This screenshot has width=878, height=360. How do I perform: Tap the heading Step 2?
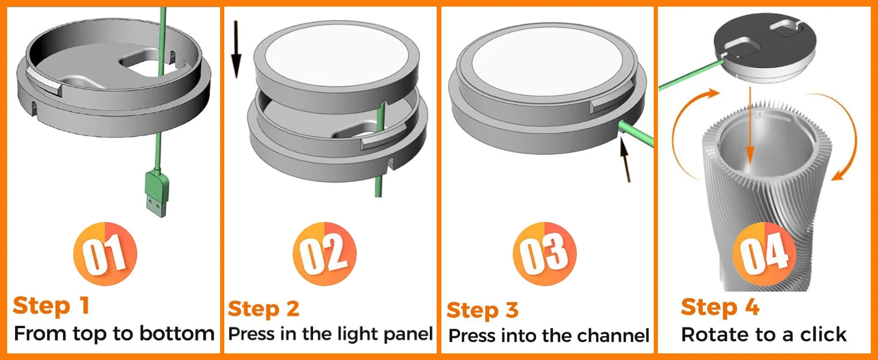263,309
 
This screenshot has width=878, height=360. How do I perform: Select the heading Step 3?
482,310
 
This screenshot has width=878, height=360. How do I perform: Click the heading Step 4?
720,307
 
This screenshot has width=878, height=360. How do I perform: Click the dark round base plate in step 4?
759,45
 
